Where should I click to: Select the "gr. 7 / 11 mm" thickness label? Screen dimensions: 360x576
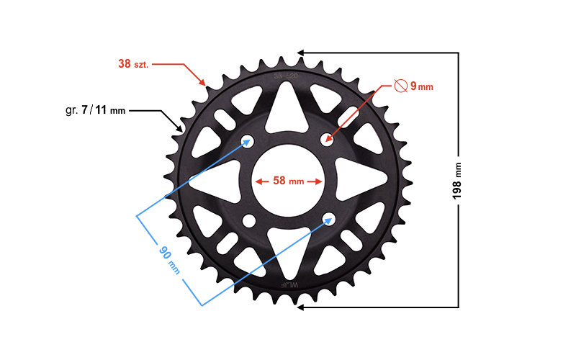point(95,111)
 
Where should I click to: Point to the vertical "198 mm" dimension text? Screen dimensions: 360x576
point(457,181)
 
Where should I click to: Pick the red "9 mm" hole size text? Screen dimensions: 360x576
point(421,87)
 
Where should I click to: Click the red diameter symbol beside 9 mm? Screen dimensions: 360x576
point(401,86)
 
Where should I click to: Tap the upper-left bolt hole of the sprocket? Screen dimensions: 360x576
point(248,140)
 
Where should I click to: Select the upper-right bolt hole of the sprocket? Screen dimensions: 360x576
point(328,139)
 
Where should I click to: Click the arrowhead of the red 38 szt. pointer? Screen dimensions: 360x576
point(205,84)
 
